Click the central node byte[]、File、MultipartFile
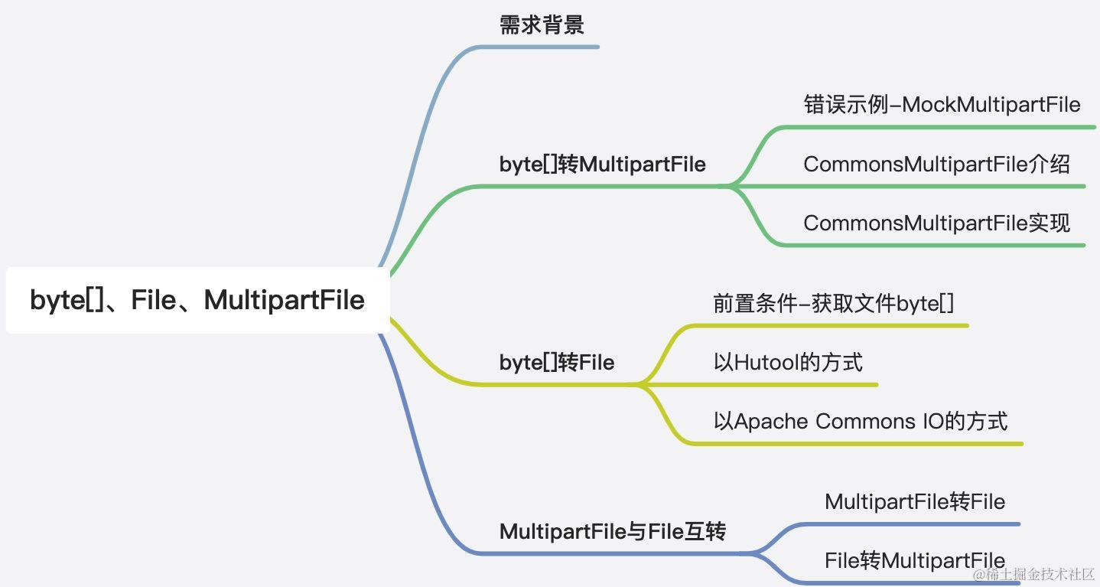pos(197,300)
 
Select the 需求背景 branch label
pos(542,25)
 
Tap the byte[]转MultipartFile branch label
pos(602,165)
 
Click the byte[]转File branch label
pos(556,362)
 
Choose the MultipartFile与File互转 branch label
pos(612,531)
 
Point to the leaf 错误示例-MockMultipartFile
pos(942,105)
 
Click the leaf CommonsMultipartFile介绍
pos(936,164)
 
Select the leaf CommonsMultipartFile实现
pos(936,223)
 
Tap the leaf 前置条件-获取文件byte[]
pos(833,304)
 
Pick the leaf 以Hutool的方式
pos(788,362)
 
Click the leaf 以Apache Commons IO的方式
pos(860,421)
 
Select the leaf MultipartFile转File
pos(914,502)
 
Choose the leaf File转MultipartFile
pos(914,560)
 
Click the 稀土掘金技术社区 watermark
pos(1033,574)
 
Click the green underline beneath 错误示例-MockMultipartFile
pos(942,127)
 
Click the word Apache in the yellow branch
pos(771,421)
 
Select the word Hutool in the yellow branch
pos(761,362)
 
